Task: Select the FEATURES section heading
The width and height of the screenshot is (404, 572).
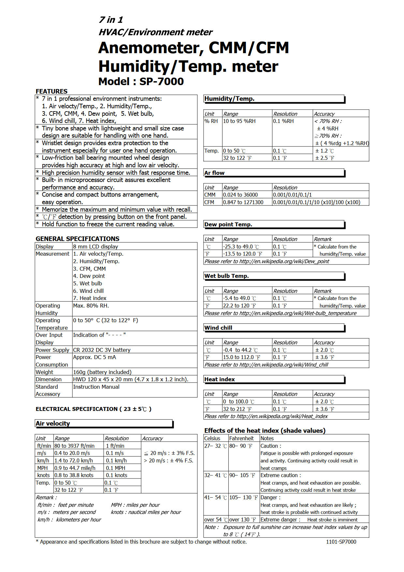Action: (x=51, y=91)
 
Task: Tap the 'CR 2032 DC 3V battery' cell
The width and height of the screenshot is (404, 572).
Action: (x=102, y=350)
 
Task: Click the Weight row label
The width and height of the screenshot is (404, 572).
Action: (x=44, y=372)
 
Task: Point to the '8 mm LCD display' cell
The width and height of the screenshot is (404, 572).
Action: (x=95, y=247)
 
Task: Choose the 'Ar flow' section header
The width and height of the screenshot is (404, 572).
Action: (x=214, y=173)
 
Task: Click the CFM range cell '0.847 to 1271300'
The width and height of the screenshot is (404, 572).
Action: (x=243, y=202)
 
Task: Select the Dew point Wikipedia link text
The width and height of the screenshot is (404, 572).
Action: (x=267, y=261)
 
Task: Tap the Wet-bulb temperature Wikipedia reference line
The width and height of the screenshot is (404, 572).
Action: (x=280, y=313)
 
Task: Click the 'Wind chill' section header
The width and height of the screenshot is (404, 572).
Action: (x=218, y=328)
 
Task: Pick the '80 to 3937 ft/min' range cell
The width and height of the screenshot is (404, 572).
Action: (x=74, y=446)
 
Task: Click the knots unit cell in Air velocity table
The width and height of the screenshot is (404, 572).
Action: (x=44, y=475)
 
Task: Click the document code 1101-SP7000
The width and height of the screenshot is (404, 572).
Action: (x=341, y=542)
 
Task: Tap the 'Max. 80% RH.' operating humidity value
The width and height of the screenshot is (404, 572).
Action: (x=91, y=306)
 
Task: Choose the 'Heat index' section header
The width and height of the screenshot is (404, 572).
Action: (x=220, y=379)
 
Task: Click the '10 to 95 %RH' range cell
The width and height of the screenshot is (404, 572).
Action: (x=239, y=121)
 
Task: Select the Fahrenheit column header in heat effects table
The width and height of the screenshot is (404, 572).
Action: (x=241, y=438)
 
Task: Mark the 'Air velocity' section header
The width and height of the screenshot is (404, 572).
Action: (x=53, y=424)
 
